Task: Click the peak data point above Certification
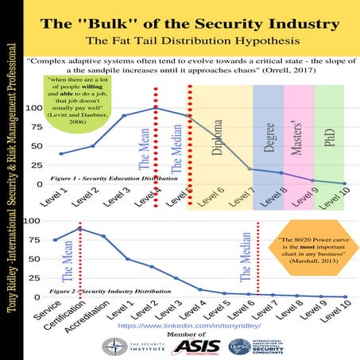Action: pyautogui.click(x=79, y=228)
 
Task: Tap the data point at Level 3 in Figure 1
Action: pyautogui.click(x=123, y=115)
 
